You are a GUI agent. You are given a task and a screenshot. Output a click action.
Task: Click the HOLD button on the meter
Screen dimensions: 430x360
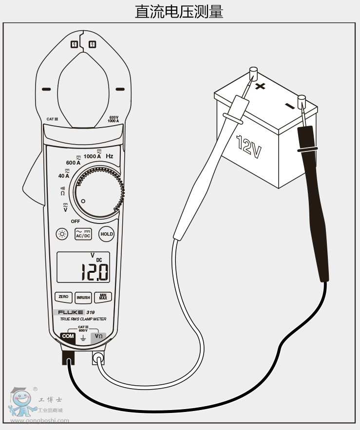[107, 234]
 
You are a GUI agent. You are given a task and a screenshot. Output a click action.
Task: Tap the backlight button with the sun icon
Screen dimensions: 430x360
[62, 234]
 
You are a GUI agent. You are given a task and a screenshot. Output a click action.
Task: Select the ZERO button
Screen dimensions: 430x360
[63, 297]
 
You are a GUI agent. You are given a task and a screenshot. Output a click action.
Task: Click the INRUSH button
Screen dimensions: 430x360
[83, 297]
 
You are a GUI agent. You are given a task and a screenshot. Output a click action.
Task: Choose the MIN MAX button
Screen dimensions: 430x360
[103, 297]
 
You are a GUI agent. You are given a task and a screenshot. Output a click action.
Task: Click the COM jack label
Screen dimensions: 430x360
[68, 336]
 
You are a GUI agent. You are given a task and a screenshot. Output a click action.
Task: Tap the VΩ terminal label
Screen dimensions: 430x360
[99, 336]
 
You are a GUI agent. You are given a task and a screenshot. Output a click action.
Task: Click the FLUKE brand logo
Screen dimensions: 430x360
[71, 312]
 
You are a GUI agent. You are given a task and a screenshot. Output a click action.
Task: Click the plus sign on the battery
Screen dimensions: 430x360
[261, 87]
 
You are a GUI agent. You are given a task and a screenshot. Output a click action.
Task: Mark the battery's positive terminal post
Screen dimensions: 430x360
[253, 75]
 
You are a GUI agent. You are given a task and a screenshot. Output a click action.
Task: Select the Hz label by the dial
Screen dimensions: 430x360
[110, 156]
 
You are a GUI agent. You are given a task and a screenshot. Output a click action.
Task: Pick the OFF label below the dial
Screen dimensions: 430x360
[76, 221]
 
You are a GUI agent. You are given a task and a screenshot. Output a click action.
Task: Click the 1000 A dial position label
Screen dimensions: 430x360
[92, 156]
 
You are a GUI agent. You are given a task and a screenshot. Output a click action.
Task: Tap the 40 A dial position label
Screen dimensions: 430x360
[64, 175]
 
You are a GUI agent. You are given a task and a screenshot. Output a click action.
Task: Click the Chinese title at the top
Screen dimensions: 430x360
[179, 11]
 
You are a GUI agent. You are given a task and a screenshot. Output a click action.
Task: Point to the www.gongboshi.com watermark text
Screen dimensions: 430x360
[39, 420]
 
